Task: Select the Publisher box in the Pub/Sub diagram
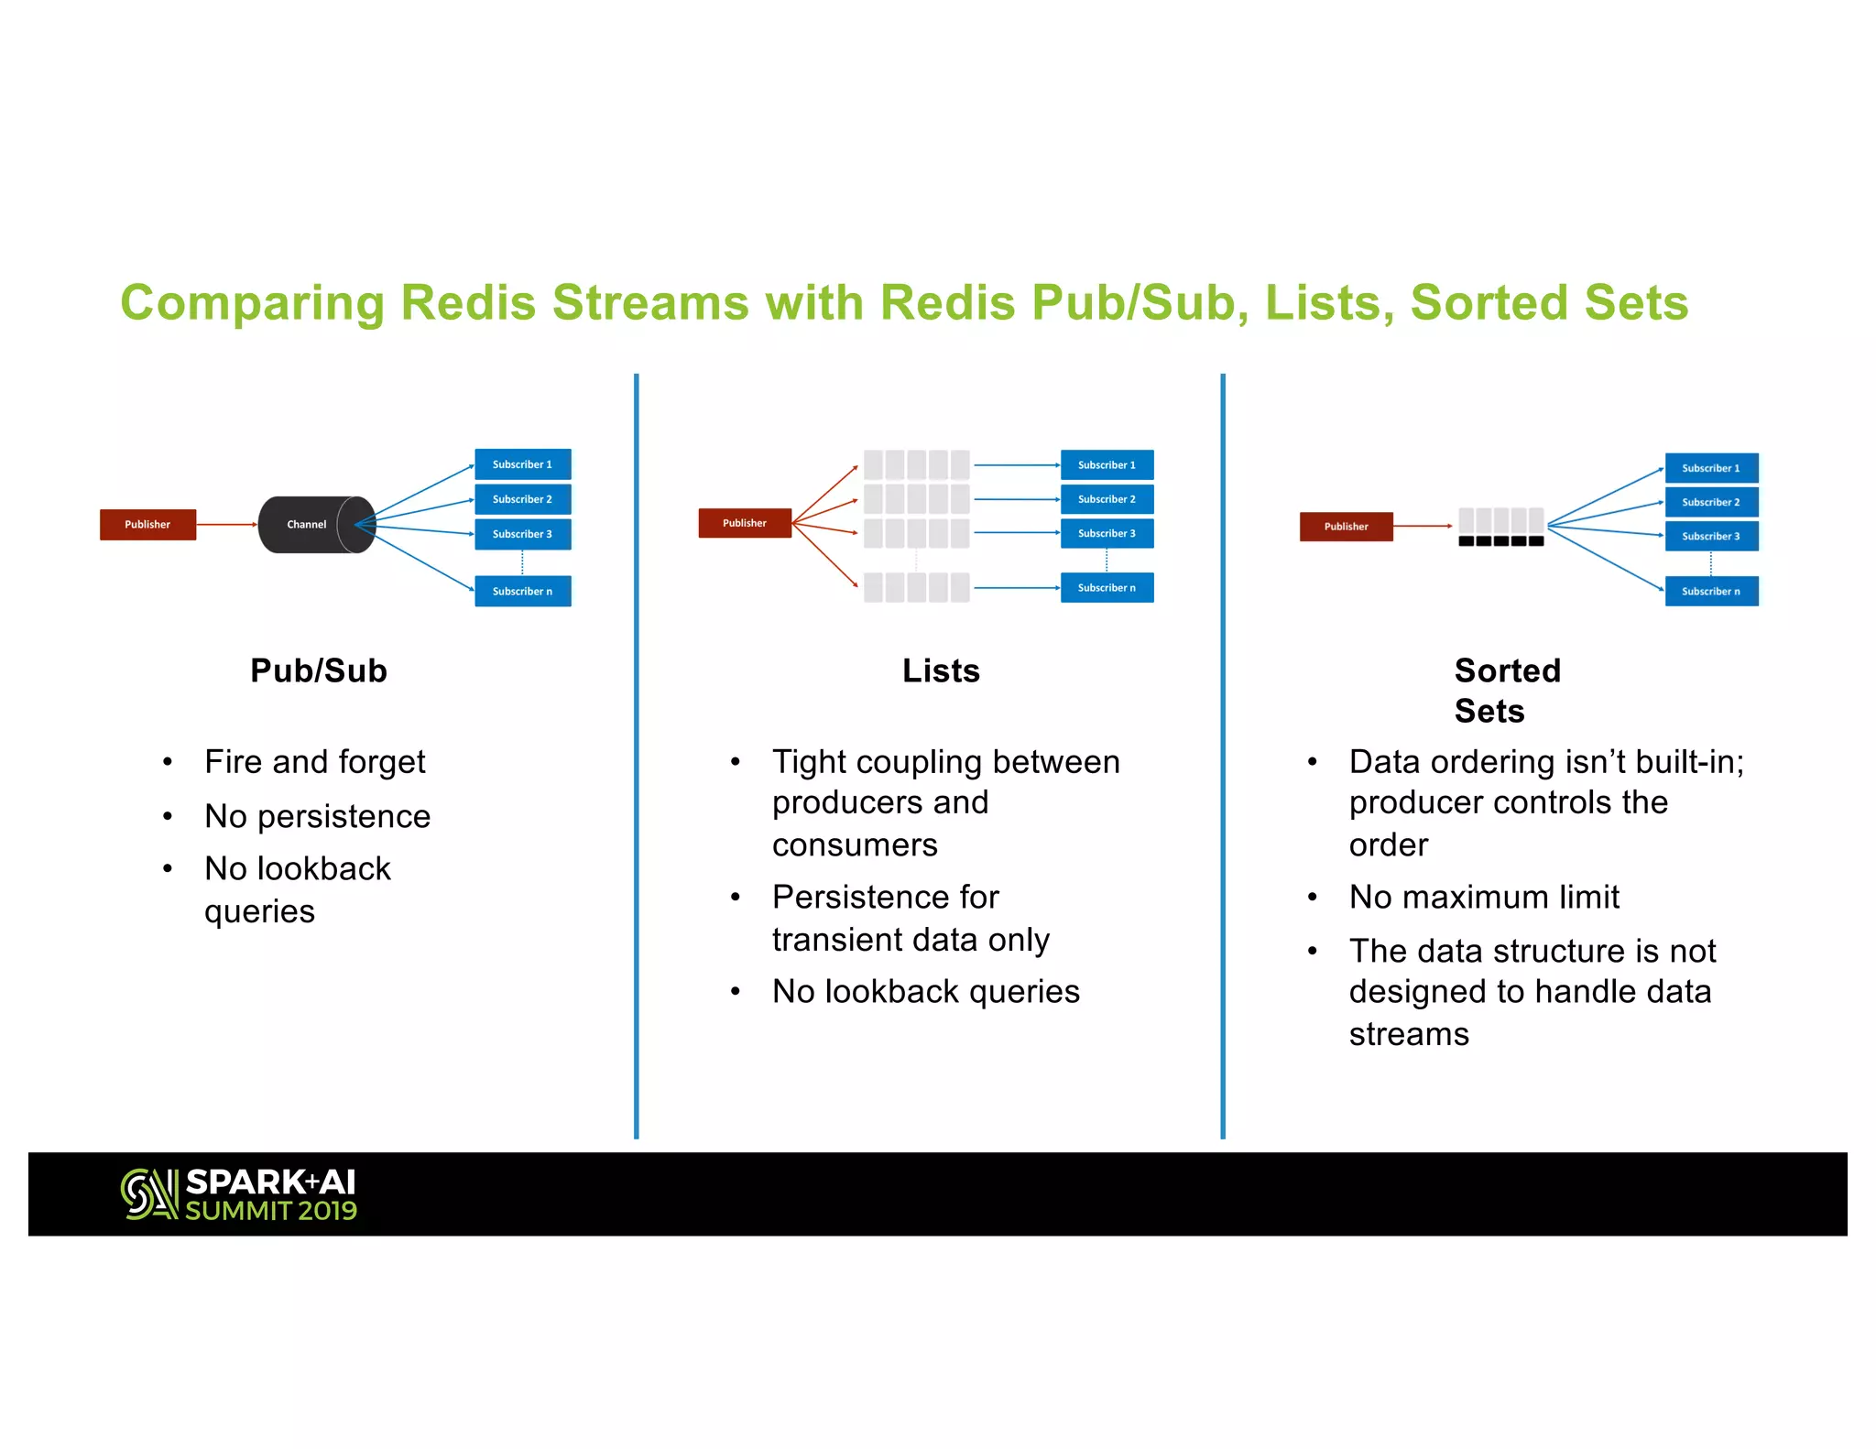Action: pos(147,525)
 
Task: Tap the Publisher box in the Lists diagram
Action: pos(744,523)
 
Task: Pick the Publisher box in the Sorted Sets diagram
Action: pos(1346,527)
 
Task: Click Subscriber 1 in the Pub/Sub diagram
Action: pos(522,464)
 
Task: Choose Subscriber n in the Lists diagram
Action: pos(1107,588)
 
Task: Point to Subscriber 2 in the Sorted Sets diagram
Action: pos(1711,502)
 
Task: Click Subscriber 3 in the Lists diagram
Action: pos(1107,533)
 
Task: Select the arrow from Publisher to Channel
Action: pos(226,525)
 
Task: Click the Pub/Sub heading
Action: pos(319,670)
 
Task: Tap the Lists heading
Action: pos(941,670)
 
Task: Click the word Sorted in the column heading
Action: pos(1507,670)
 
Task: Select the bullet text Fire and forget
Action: pos(314,762)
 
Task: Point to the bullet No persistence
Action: pos(317,816)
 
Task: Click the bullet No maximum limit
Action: pos(1484,897)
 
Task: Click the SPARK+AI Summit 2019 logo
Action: pos(239,1194)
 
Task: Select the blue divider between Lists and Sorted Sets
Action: pos(1223,756)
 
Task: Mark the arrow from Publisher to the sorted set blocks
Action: pos(1423,526)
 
